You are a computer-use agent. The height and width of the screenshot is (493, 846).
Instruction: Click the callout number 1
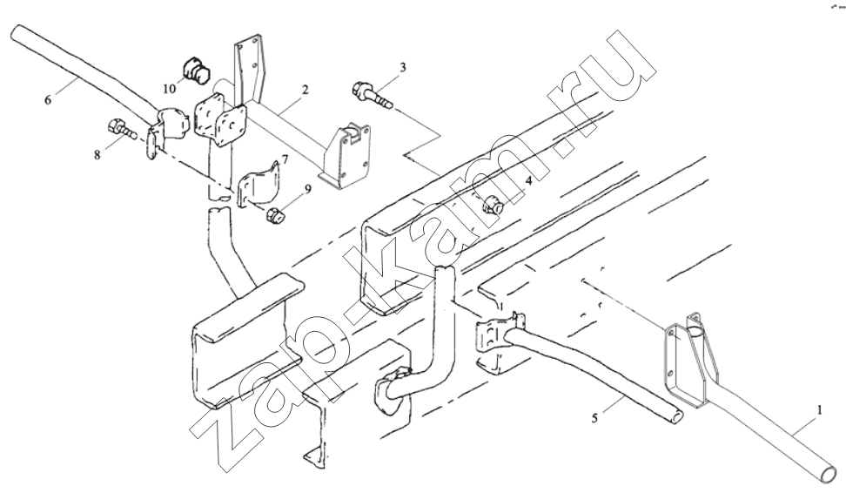tap(819, 411)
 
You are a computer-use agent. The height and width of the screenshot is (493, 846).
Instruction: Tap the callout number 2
tap(305, 90)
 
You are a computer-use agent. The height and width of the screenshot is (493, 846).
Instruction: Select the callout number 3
tap(402, 67)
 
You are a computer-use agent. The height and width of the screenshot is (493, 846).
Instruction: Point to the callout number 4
tap(529, 181)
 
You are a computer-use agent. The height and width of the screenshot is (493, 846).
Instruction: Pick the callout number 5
tap(594, 418)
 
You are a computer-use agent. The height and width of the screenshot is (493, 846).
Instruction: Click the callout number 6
tap(48, 100)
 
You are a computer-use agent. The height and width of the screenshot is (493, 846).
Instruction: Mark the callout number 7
tap(284, 160)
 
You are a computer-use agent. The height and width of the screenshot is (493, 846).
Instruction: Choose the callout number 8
tap(97, 155)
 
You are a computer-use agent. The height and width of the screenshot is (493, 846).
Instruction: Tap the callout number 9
tap(307, 188)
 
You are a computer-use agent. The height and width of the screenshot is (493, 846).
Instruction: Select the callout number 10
tap(170, 89)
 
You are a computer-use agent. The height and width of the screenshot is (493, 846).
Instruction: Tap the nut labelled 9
tap(274, 214)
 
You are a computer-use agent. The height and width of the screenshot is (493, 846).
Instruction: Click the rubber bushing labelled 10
tap(195, 71)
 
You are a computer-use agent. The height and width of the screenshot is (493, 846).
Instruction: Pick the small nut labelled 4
tap(493, 204)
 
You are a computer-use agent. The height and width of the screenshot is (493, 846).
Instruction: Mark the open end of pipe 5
tap(675, 416)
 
